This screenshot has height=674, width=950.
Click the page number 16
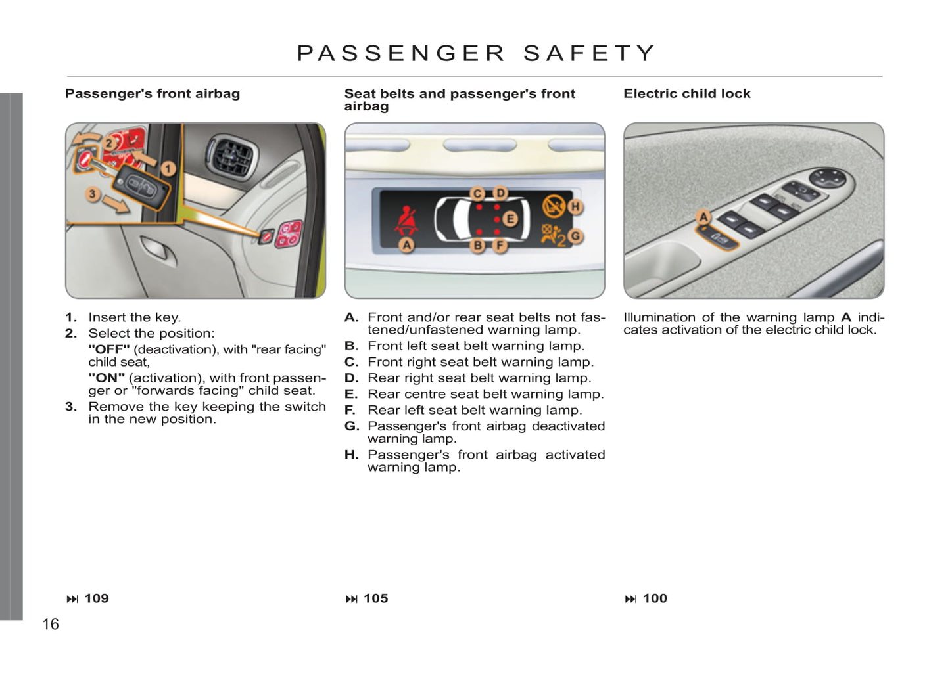point(51,624)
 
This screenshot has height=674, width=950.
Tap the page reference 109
point(96,598)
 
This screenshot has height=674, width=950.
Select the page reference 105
point(375,598)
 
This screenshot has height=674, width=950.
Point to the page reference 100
point(654,598)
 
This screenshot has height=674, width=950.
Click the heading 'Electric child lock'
point(686,94)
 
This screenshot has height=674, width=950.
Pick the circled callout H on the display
point(575,206)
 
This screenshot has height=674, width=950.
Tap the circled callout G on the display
point(576,236)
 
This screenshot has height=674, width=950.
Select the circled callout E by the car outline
point(510,219)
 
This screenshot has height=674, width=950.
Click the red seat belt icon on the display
point(406,220)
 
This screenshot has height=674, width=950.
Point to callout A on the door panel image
point(703,217)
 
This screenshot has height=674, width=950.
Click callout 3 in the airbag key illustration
point(93,194)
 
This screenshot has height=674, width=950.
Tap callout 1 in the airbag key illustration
point(168,169)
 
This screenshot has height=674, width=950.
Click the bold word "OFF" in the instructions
point(108,349)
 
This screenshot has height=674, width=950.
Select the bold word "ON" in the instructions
point(107,378)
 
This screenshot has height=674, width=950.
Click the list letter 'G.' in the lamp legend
point(352,426)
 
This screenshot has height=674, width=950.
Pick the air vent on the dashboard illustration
point(230,156)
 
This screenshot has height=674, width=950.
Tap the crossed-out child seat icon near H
point(553,206)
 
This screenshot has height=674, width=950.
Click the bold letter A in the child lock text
point(845,318)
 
